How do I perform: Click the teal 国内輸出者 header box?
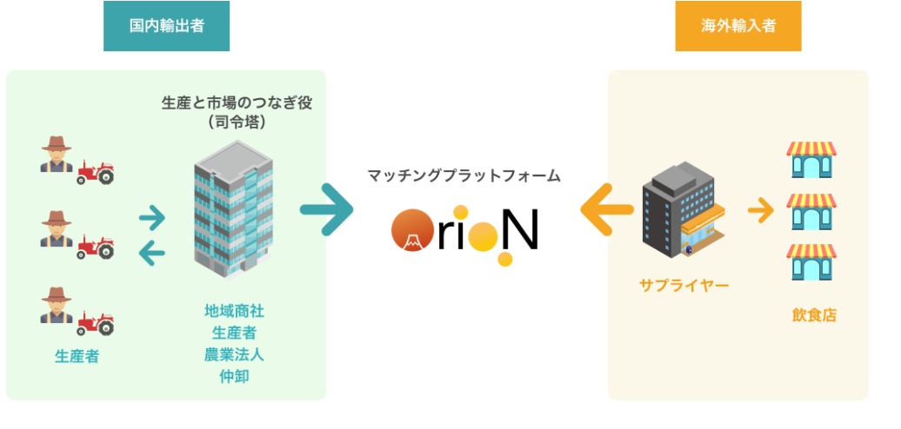pyautogui.click(x=166, y=26)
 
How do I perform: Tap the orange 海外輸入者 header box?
pyautogui.click(x=737, y=26)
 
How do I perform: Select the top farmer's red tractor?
pyautogui.click(x=95, y=172)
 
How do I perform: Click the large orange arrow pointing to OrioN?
pyautogui.click(x=606, y=209)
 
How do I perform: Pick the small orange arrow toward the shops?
pyautogui.click(x=761, y=209)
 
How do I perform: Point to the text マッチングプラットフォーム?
pyautogui.click(x=464, y=175)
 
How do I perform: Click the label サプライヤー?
pyautogui.click(x=684, y=285)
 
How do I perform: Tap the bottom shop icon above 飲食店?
pyautogui.click(x=811, y=262)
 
